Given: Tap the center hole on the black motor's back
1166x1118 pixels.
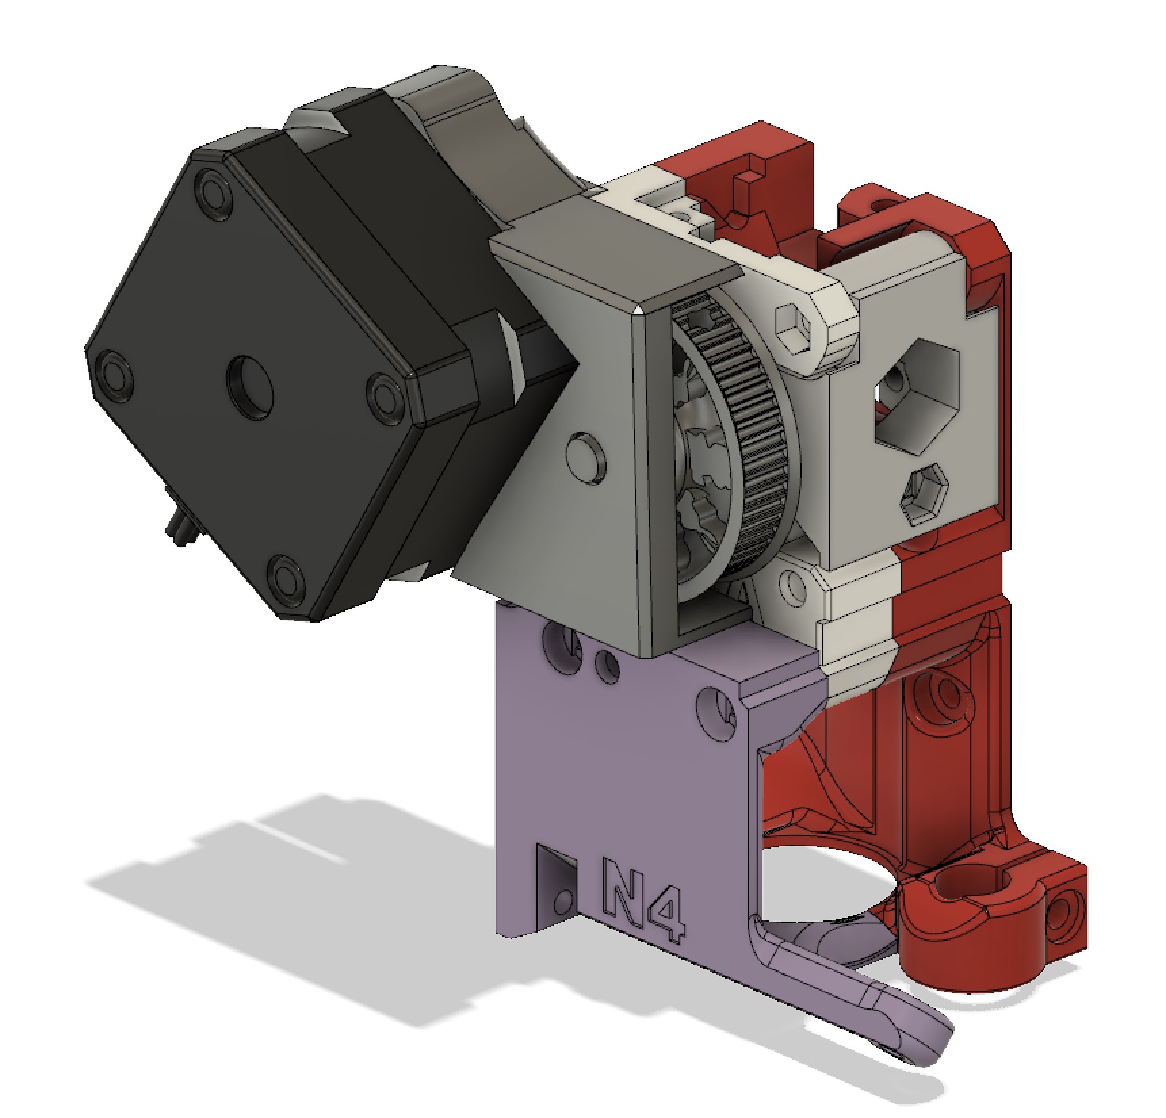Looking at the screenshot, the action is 250,381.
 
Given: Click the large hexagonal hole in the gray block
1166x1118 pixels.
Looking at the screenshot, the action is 917,395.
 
